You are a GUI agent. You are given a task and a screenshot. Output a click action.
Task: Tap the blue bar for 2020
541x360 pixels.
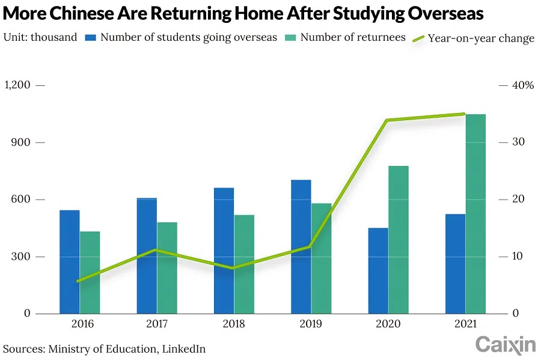pos(378,270)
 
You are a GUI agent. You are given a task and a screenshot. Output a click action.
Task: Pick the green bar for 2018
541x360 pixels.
pos(244,264)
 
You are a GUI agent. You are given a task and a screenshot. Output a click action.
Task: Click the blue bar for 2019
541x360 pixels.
pos(301,246)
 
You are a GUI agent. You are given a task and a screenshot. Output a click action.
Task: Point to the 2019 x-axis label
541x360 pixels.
pos(311,324)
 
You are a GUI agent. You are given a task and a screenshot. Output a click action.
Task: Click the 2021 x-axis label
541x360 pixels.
pos(465,324)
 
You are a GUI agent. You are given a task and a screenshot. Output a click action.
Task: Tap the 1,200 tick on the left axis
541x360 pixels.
pos(17,85)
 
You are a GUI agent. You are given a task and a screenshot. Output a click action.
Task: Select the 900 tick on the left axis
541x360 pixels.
pos(21,142)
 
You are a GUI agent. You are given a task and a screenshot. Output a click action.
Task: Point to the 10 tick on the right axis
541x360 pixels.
pos(517,257)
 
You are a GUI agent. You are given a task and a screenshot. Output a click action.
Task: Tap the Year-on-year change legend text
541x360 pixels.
pos(481,38)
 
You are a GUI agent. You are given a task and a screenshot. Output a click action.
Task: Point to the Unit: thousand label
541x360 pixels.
pos(40,37)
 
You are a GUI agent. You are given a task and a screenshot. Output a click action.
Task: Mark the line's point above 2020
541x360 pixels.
pos(388,120)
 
